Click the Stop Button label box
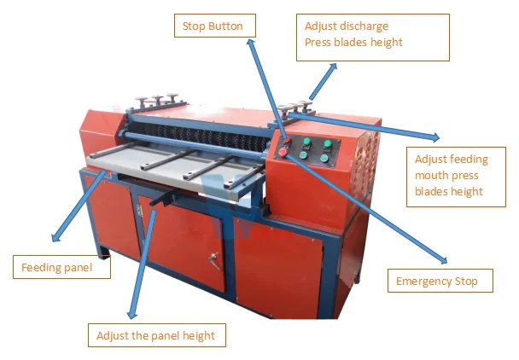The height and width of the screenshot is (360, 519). (213, 26)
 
